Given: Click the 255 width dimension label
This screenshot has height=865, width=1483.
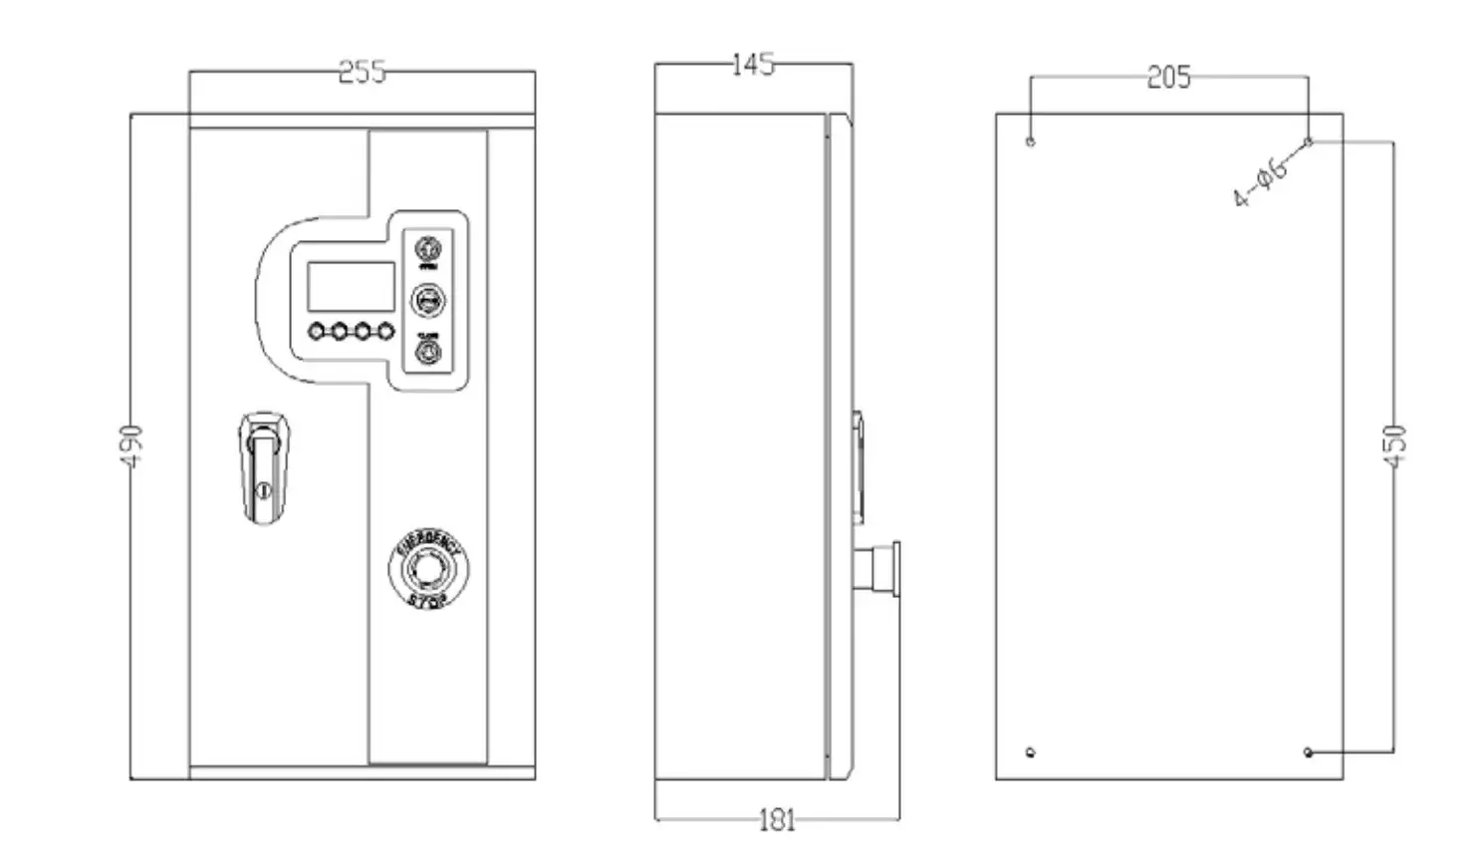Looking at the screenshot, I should (x=362, y=73).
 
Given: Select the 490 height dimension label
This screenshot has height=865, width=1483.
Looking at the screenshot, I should (x=131, y=444).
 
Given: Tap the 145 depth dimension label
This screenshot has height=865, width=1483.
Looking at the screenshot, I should (x=752, y=65).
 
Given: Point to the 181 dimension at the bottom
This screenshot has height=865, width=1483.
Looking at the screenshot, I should (x=777, y=820).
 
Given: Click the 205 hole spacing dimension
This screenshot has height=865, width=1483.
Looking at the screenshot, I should (x=1168, y=78).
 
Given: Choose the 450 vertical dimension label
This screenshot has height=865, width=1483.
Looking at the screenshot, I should (x=1394, y=445).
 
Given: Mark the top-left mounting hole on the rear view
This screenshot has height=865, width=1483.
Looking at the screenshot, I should (x=1031, y=142).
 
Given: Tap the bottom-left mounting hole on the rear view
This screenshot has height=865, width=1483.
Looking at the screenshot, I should (x=1031, y=752).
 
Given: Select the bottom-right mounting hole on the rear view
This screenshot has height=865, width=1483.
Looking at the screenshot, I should (x=1309, y=752).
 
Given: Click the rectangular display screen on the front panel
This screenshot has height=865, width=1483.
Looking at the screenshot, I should (x=351, y=287).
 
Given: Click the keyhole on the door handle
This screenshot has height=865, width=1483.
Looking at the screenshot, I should (x=263, y=489).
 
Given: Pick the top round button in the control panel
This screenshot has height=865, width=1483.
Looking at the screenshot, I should (x=428, y=247).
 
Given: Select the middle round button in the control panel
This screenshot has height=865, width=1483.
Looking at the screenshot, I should (x=428, y=299).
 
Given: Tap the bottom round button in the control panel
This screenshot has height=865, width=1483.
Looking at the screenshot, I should (x=428, y=352).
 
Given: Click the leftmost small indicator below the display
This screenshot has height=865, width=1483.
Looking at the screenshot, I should (x=317, y=331).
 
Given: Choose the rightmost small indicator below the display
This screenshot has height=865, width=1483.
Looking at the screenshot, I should (x=385, y=331).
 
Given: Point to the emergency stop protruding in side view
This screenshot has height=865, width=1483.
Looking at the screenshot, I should (x=881, y=569).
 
